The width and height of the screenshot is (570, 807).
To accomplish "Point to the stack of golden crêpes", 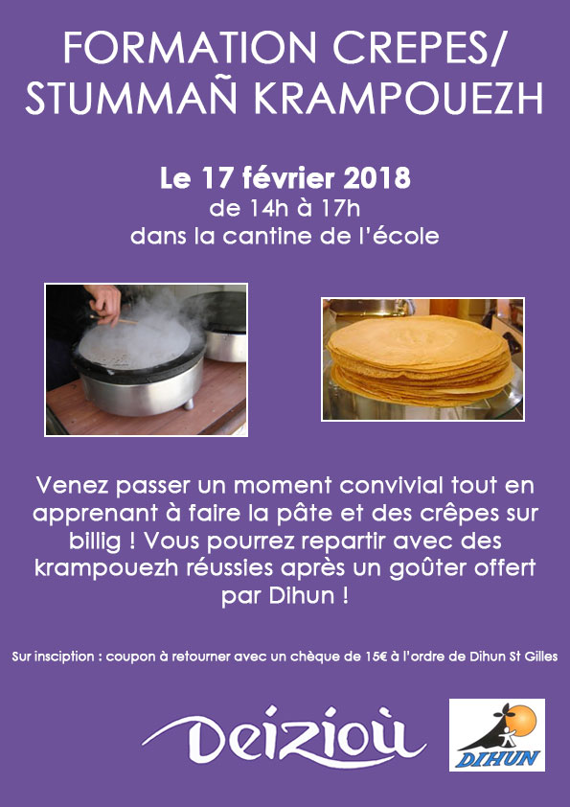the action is (421, 360).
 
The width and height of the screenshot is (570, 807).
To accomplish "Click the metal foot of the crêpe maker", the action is (189, 403).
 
